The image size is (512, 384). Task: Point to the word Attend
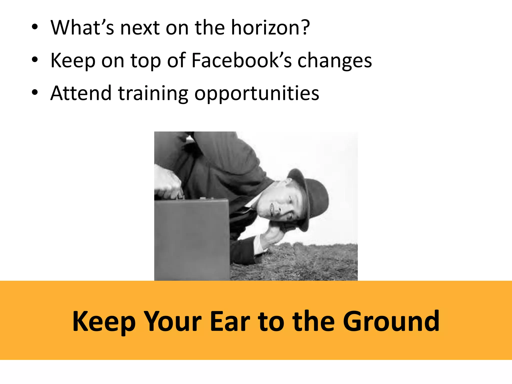[81, 93]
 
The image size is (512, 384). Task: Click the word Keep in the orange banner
[104, 322]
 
